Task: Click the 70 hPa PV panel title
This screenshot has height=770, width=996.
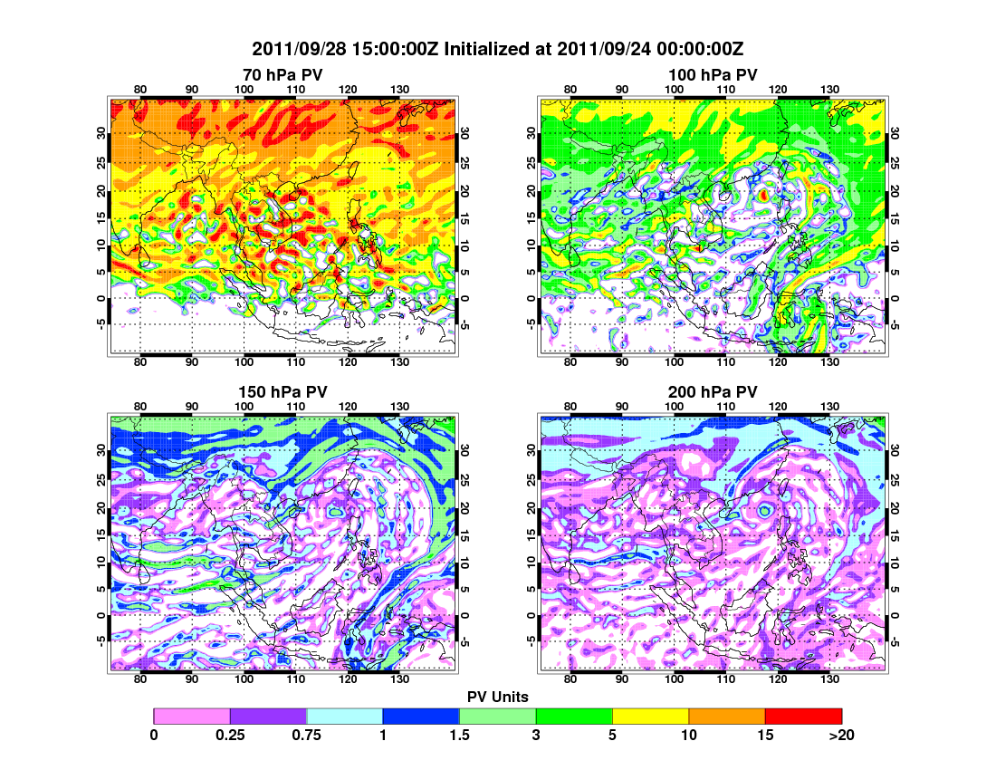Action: (283, 73)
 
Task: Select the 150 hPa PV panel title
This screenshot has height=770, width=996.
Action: (283, 391)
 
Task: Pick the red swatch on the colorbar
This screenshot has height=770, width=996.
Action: (803, 716)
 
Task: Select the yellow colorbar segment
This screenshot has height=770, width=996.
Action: (650, 716)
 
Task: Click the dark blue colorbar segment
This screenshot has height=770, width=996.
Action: (421, 716)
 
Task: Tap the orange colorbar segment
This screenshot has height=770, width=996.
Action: (727, 716)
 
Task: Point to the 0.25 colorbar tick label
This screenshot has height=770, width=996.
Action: (230, 736)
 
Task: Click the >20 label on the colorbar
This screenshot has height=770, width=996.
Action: (841, 736)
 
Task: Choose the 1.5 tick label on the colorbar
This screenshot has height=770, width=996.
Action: (460, 736)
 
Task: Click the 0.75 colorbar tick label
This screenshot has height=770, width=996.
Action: (307, 736)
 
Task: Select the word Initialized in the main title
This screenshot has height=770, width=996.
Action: (495, 49)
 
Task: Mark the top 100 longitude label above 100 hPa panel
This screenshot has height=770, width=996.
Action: (674, 89)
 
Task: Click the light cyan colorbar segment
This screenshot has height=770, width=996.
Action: (345, 716)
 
